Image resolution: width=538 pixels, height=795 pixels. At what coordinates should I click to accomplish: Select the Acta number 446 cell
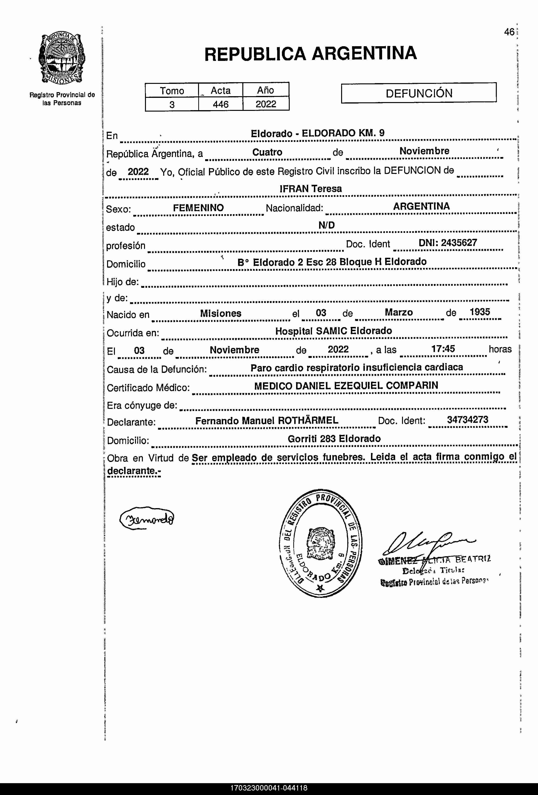point(221,104)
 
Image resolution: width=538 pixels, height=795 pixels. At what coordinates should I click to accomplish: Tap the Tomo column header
point(172,91)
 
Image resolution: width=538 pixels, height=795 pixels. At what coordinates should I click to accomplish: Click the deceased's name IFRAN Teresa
point(311,189)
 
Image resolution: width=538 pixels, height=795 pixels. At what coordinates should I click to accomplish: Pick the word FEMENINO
point(198,208)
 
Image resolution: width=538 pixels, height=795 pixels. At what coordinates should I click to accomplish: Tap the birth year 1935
point(480,312)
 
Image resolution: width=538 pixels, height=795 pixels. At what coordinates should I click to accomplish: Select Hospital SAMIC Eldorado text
point(334,331)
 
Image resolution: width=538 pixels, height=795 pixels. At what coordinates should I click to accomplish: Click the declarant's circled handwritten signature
point(147,519)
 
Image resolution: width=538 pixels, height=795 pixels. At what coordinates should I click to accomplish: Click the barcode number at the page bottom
point(269,788)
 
